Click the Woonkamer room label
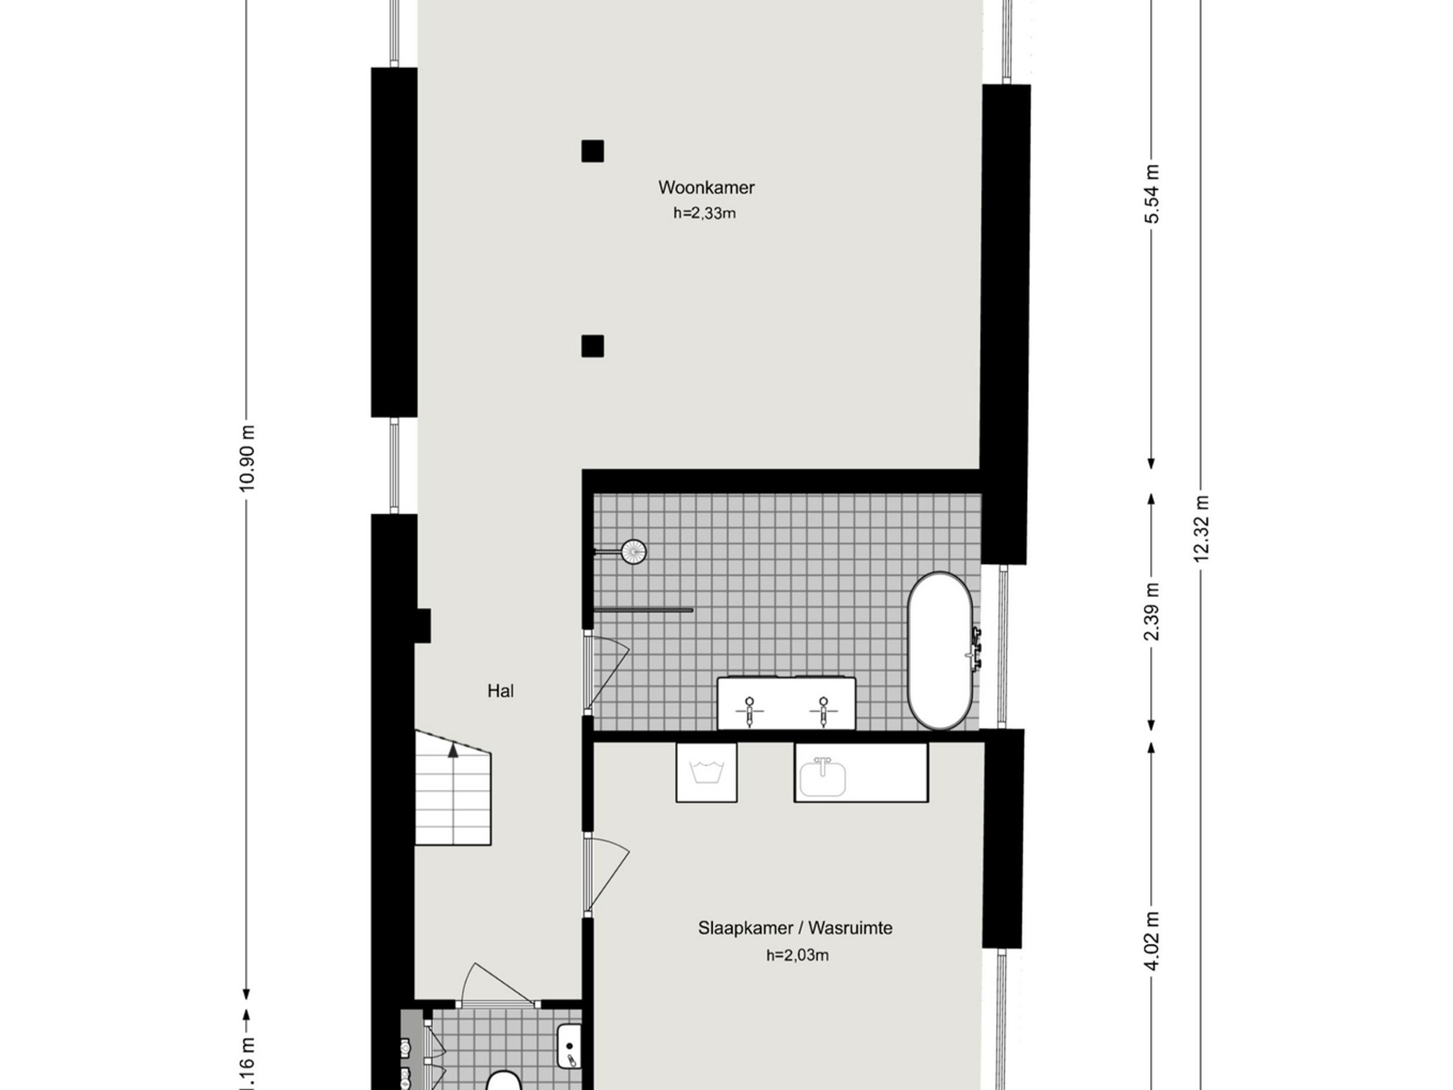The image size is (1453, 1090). click(706, 187)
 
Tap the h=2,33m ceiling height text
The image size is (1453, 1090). click(704, 213)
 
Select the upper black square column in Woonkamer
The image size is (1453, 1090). click(593, 151)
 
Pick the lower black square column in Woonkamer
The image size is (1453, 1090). click(593, 346)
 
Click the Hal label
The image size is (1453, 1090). click(501, 690)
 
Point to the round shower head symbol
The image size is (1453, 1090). click(634, 552)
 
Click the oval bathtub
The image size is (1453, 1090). click(940, 651)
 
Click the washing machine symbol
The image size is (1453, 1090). click(706, 772)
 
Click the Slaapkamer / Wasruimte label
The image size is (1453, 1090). click(795, 928)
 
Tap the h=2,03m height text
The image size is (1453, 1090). click(797, 955)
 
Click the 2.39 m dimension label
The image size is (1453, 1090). click(1152, 611)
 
